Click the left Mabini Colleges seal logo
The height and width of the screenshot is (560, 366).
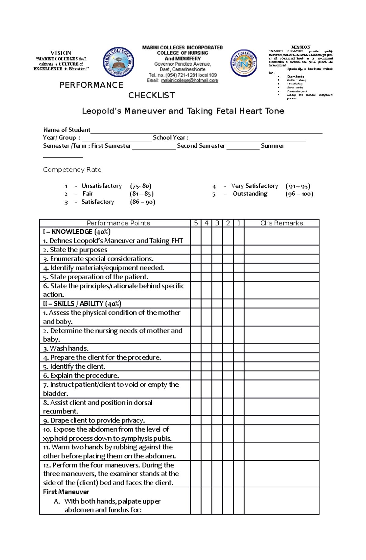pyautogui.click(x=118, y=62)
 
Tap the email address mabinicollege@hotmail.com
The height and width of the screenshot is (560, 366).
pyautogui.click(x=189, y=81)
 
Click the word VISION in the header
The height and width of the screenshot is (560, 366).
pyautogui.click(x=61, y=53)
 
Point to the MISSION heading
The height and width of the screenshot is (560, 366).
pyautogui.click(x=301, y=47)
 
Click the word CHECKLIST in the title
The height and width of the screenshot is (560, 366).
pyautogui.click(x=151, y=96)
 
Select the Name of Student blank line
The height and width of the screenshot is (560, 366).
pyautogui.click(x=206, y=130)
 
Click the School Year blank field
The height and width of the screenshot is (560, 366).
pyautogui.click(x=248, y=138)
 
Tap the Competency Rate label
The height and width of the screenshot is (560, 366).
pyautogui.click(x=72, y=170)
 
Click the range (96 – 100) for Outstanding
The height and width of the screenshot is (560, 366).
pyautogui.click(x=299, y=194)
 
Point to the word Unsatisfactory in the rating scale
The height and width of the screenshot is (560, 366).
pyautogui.click(x=101, y=186)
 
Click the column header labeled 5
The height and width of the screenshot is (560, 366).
pyautogui.click(x=196, y=223)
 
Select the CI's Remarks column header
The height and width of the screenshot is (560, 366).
pyautogui.click(x=282, y=223)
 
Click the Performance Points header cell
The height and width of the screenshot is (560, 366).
pyautogui.click(x=118, y=223)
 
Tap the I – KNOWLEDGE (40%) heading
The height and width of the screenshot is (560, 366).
pyautogui.click(x=77, y=232)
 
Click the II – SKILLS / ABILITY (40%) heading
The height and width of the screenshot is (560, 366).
pyautogui.click(x=82, y=304)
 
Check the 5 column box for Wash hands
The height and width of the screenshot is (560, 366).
pyautogui.click(x=196, y=349)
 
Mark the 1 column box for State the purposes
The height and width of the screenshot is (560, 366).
pyautogui.click(x=239, y=250)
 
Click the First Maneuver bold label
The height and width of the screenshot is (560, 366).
pyautogui.click(x=66, y=492)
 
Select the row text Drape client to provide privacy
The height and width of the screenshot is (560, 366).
pyautogui.click(x=94, y=421)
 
